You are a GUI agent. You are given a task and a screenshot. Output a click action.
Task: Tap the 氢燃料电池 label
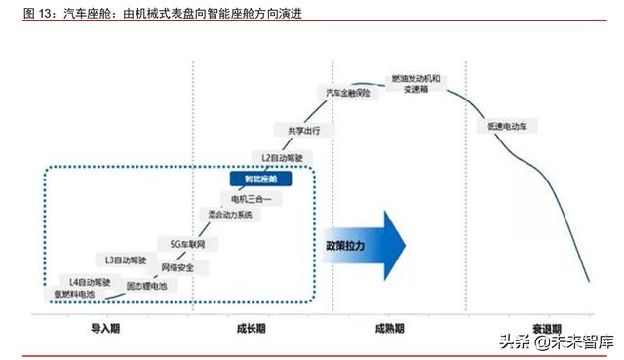pos(74,294)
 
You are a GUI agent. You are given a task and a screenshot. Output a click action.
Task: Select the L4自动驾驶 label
pos(91,281)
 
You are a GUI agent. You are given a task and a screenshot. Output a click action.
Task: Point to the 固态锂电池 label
pos(147,287)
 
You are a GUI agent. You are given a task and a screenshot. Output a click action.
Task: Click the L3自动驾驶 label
pos(126,260)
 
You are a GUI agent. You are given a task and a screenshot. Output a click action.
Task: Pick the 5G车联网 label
pos(193,242)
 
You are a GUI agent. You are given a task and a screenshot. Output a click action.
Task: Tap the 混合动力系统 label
pos(230,214)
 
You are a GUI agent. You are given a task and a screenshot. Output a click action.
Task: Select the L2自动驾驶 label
pos(284,156)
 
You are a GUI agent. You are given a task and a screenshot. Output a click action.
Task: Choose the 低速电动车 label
pos(505,127)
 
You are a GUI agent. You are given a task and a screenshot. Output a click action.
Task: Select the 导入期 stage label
pos(104,329)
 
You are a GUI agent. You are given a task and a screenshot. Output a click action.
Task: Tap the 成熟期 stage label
pos(389,329)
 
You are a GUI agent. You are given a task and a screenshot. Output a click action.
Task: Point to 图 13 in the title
pos(40,12)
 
